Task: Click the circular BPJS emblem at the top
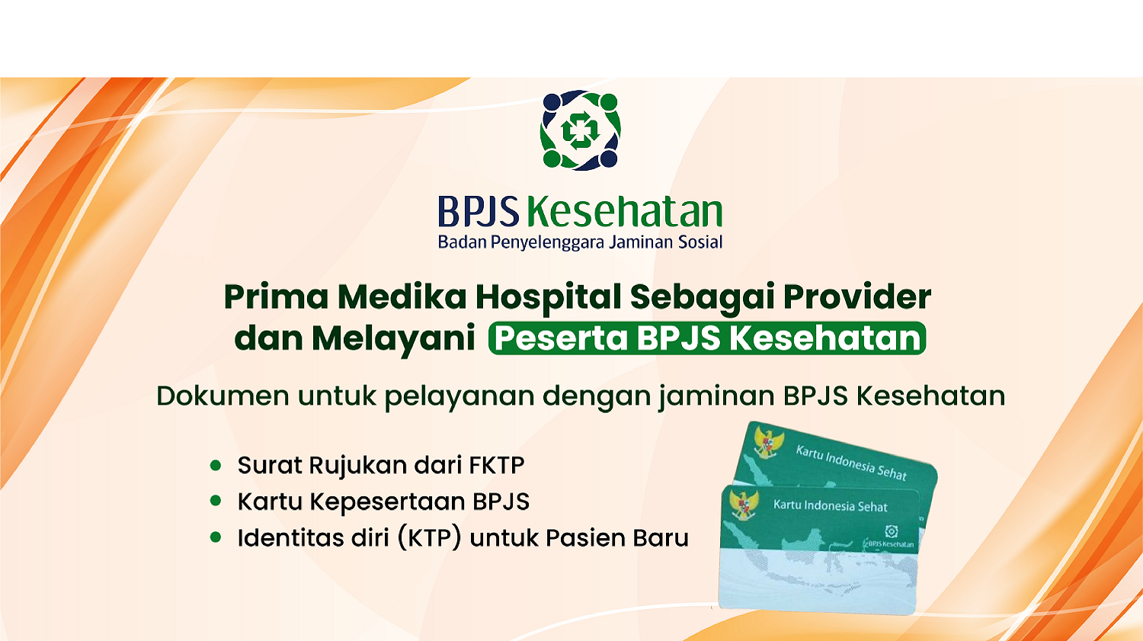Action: click(580, 130)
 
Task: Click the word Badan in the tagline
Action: click(462, 242)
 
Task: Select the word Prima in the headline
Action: click(276, 297)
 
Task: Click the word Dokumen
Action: click(223, 396)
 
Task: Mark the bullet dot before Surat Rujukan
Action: click(216, 464)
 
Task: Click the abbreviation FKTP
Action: click(496, 465)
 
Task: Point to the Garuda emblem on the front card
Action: click(744, 505)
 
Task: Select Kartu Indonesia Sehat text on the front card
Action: click(830, 506)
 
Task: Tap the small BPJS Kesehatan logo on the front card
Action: click(890, 536)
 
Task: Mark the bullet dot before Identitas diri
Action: click(216, 537)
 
